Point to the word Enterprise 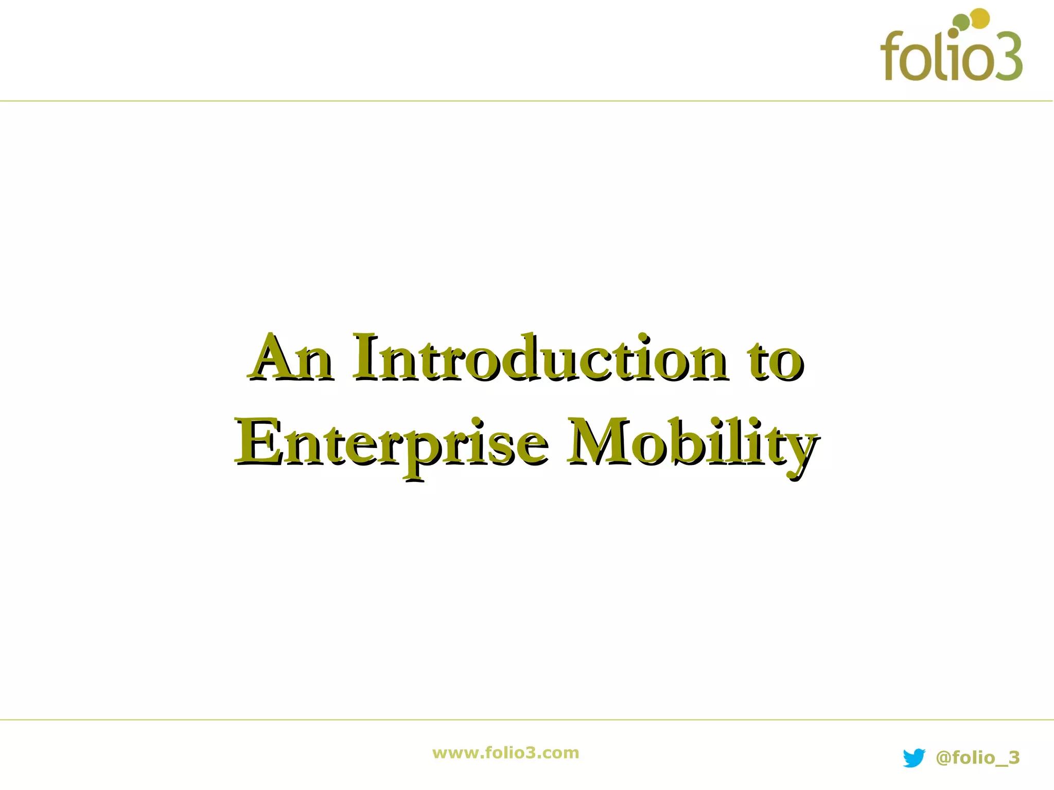coord(391,443)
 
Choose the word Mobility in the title coord(692,443)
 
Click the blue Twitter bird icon coord(914,758)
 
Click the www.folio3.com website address coord(506,753)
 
